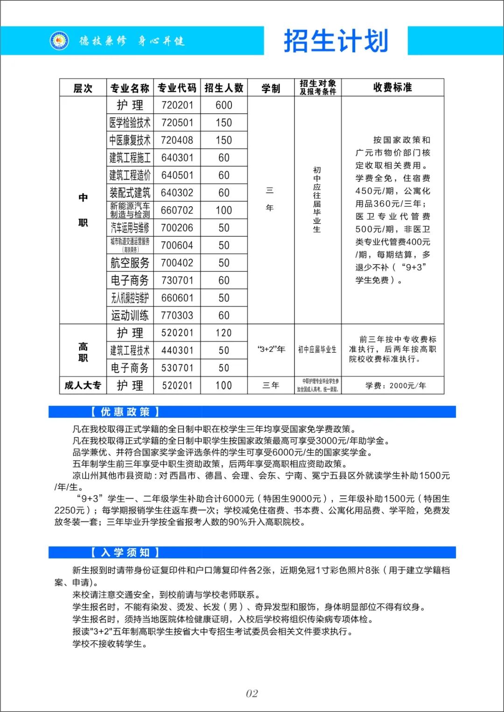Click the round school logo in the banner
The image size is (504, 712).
click(59, 41)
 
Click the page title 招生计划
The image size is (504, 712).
click(336, 41)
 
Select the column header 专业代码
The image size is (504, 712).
click(177, 88)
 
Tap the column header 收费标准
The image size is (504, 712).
click(392, 87)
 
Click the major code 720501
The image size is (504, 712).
click(177, 123)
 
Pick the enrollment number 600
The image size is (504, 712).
click(224, 105)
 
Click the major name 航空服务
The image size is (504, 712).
click(130, 263)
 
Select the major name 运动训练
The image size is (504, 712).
click(130, 315)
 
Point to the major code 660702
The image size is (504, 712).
click(177, 210)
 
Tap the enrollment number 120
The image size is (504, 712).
click(224, 333)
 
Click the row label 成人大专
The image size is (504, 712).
click(83, 385)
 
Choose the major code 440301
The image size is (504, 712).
click(177, 350)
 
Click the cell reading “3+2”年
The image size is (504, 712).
click(271, 349)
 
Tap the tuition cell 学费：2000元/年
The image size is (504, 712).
click(395, 386)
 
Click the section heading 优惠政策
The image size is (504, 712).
click(125, 412)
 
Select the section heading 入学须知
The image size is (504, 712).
click(125, 552)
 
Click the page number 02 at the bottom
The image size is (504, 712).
click(252, 694)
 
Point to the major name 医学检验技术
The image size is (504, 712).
click(130, 123)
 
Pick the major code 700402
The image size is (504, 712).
click(177, 263)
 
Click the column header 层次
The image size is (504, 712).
click(83, 88)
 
